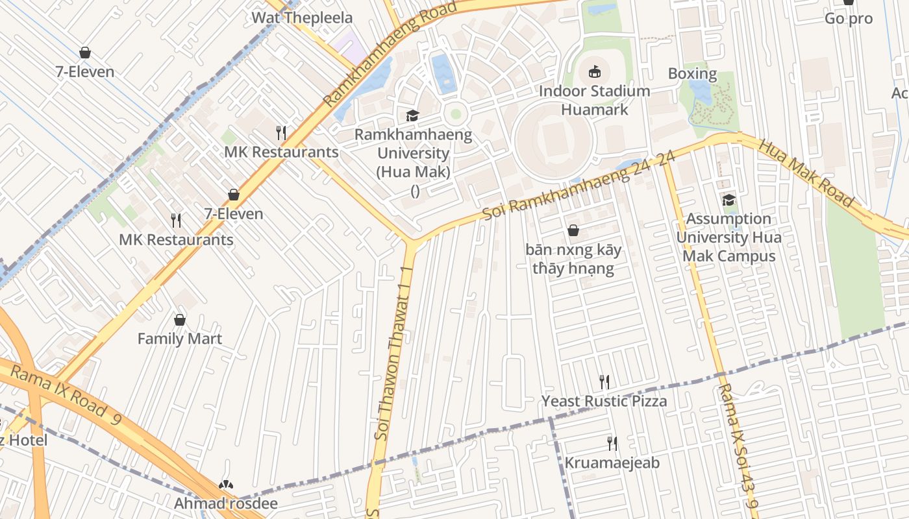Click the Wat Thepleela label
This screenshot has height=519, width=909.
[302, 18]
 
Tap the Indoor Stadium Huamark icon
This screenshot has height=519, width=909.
[595, 71]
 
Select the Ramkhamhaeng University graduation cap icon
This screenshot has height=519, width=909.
[412, 115]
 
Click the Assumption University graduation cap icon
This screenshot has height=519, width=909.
[728, 200]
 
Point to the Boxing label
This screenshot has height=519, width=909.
[692, 73]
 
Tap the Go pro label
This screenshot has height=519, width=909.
[848, 19]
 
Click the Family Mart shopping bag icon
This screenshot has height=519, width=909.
[180, 320]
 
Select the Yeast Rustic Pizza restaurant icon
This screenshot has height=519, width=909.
[604, 381]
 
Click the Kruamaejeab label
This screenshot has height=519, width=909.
[612, 463]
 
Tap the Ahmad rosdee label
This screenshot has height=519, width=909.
[225, 503]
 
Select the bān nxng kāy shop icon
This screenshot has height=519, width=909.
[573, 230]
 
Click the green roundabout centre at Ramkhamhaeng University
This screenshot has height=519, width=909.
[456, 114]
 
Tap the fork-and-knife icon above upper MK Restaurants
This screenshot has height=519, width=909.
[281, 133]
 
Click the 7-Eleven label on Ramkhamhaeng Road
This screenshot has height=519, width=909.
[234, 213]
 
